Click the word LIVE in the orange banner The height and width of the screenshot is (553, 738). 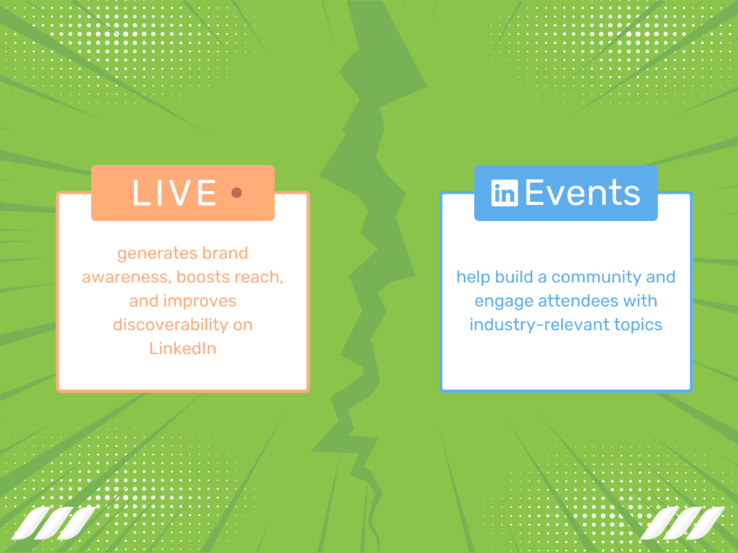click(x=174, y=193)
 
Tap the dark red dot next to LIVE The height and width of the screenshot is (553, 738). click(x=236, y=193)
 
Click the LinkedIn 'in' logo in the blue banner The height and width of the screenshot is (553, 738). click(x=504, y=193)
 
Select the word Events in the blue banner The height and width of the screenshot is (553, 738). click(x=582, y=193)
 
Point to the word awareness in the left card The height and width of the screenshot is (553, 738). click(x=126, y=277)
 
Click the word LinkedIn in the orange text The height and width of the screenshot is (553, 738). click(x=182, y=349)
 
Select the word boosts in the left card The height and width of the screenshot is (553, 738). click(x=203, y=277)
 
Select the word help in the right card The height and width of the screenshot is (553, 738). click(x=472, y=277)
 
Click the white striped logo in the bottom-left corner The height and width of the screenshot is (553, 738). click(x=53, y=523)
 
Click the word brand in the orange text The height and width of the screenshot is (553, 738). click(x=224, y=254)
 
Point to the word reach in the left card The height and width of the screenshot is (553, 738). click(x=259, y=277)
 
